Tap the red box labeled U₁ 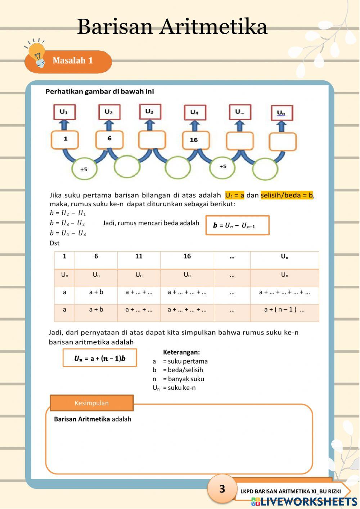64,112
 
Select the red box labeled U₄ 194,112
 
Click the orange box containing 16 194,140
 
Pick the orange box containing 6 109,139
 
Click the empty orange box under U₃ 152,140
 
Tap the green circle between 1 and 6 84,169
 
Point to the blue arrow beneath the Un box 282,126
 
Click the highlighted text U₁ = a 235,195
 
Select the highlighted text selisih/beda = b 287,195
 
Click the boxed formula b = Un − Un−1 237,225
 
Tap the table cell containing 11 139,256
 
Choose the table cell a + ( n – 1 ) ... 284,310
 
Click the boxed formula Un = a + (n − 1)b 100,358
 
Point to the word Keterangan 181,352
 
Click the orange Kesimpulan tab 91,403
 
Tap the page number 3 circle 222,488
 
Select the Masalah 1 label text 73,60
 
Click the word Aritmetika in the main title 213,27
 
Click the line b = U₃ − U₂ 67,223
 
